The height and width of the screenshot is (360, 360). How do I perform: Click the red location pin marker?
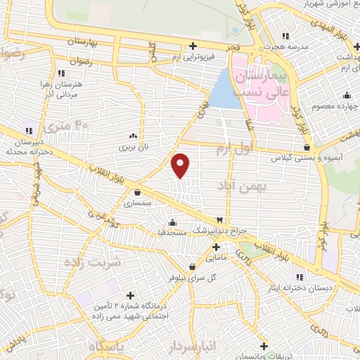point(181,166)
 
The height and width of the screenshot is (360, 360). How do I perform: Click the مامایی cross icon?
point(216,247)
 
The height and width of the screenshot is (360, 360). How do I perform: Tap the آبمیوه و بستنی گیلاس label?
point(307,159)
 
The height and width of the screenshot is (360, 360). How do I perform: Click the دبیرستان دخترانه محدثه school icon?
point(30,131)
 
